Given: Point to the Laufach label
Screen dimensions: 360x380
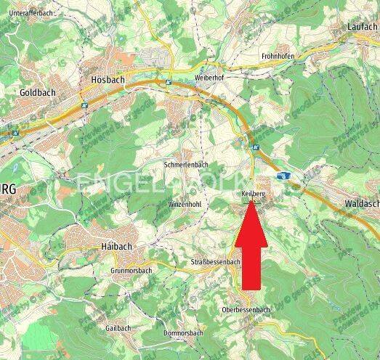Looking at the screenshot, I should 362,27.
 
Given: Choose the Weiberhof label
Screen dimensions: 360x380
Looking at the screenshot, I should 211,78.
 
